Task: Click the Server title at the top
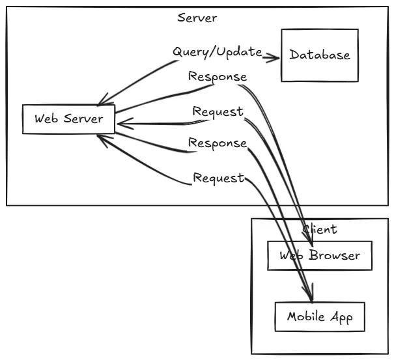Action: tap(197, 18)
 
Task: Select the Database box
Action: tap(319, 55)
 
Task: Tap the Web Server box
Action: tap(68, 120)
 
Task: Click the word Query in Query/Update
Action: tap(186, 51)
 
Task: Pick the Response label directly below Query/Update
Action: tap(218, 77)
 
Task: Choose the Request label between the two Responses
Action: tap(218, 112)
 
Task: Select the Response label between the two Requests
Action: tap(218, 143)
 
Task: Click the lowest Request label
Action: tap(218, 177)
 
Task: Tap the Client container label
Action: tap(320, 229)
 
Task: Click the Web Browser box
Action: tap(319, 255)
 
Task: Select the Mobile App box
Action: tap(319, 318)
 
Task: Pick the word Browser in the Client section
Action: tap(333, 255)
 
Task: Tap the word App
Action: tap(341, 318)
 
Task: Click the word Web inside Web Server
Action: tap(46, 120)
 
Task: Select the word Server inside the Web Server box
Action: tap(83, 120)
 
